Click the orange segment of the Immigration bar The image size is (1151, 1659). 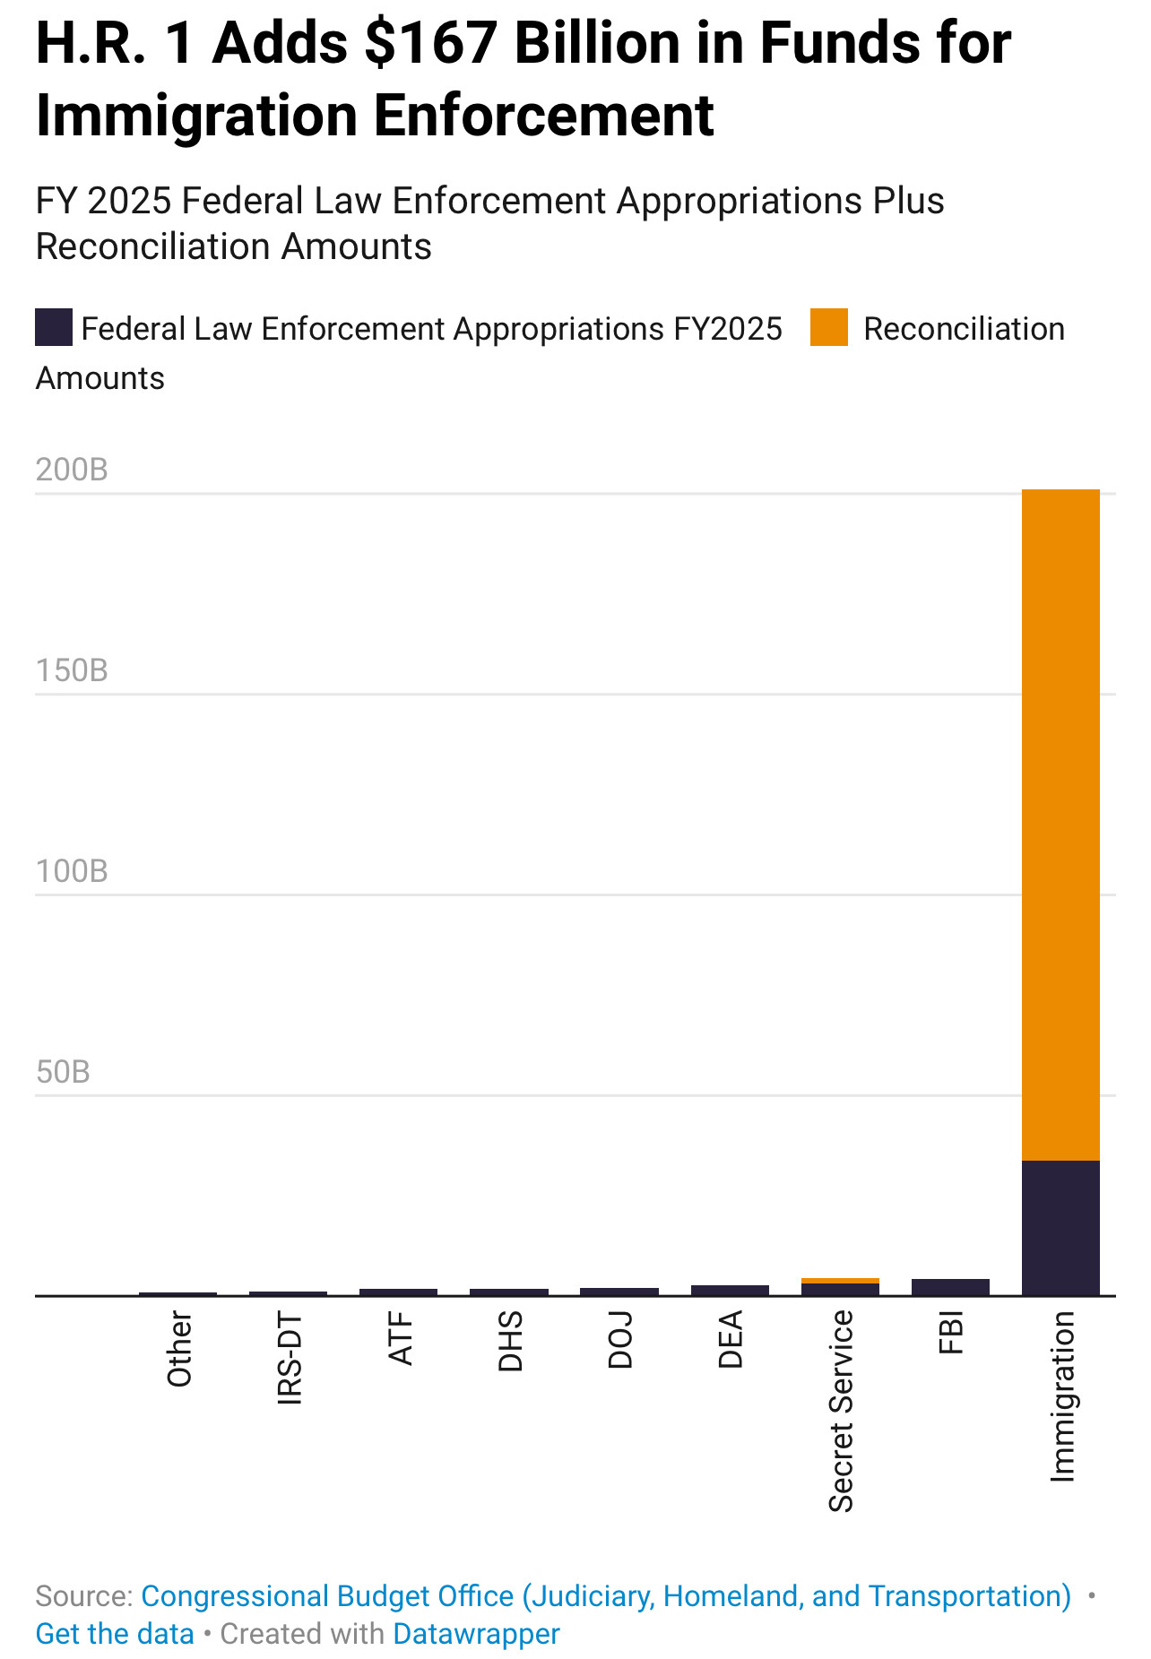(1060, 825)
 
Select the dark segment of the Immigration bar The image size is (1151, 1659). (1060, 1227)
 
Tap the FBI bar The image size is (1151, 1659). (950, 1287)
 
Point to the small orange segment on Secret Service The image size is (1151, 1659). (840, 1281)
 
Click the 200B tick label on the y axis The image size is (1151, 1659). (72, 470)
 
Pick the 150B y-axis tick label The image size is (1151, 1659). (72, 670)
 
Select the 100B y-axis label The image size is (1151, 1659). (72, 871)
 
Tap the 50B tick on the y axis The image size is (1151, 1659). (63, 1072)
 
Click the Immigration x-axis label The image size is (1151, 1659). (1062, 1395)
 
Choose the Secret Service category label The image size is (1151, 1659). (841, 1411)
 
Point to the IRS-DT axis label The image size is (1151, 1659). (290, 1357)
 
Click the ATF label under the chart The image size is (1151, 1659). (400, 1338)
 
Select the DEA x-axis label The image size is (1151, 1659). (731, 1339)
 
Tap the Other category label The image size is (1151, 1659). (179, 1349)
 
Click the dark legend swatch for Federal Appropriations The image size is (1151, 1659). (54, 327)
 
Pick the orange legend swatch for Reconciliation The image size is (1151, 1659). (828, 327)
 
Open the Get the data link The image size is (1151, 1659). (115, 1634)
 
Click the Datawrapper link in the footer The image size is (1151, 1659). (476, 1634)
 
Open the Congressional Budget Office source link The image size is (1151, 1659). (606, 1596)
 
